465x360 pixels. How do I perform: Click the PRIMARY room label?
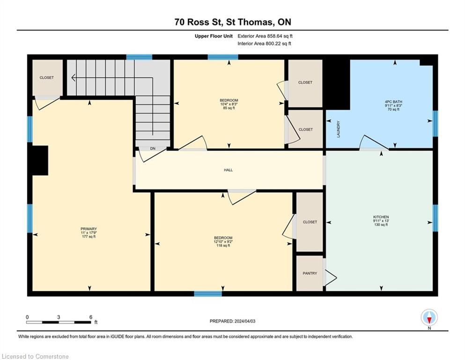click(x=89, y=229)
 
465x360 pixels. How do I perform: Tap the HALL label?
click(x=229, y=170)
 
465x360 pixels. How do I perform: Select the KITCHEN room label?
click(x=381, y=217)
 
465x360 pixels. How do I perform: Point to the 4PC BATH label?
click(x=393, y=102)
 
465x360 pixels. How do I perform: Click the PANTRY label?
click(x=310, y=273)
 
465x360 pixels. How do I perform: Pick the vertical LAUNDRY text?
click(x=339, y=129)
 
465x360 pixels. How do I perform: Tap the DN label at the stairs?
click(x=153, y=149)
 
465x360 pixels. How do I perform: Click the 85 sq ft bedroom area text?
click(x=229, y=108)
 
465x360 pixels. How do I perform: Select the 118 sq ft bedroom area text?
click(x=223, y=246)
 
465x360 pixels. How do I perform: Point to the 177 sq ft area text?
click(x=89, y=237)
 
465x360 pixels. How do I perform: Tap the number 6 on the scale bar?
click(x=91, y=317)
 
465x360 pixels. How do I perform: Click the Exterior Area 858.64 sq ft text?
click(x=265, y=36)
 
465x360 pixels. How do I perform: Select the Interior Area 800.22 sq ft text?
click(x=264, y=44)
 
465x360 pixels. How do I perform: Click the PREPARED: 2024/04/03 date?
click(x=232, y=321)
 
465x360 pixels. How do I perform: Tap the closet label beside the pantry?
click(x=310, y=222)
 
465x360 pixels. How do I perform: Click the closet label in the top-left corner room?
click(x=47, y=77)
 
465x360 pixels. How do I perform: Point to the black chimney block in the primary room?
click(x=40, y=160)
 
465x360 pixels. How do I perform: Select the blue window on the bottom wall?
click(x=208, y=294)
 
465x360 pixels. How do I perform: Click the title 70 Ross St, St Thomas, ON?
click(x=233, y=22)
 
